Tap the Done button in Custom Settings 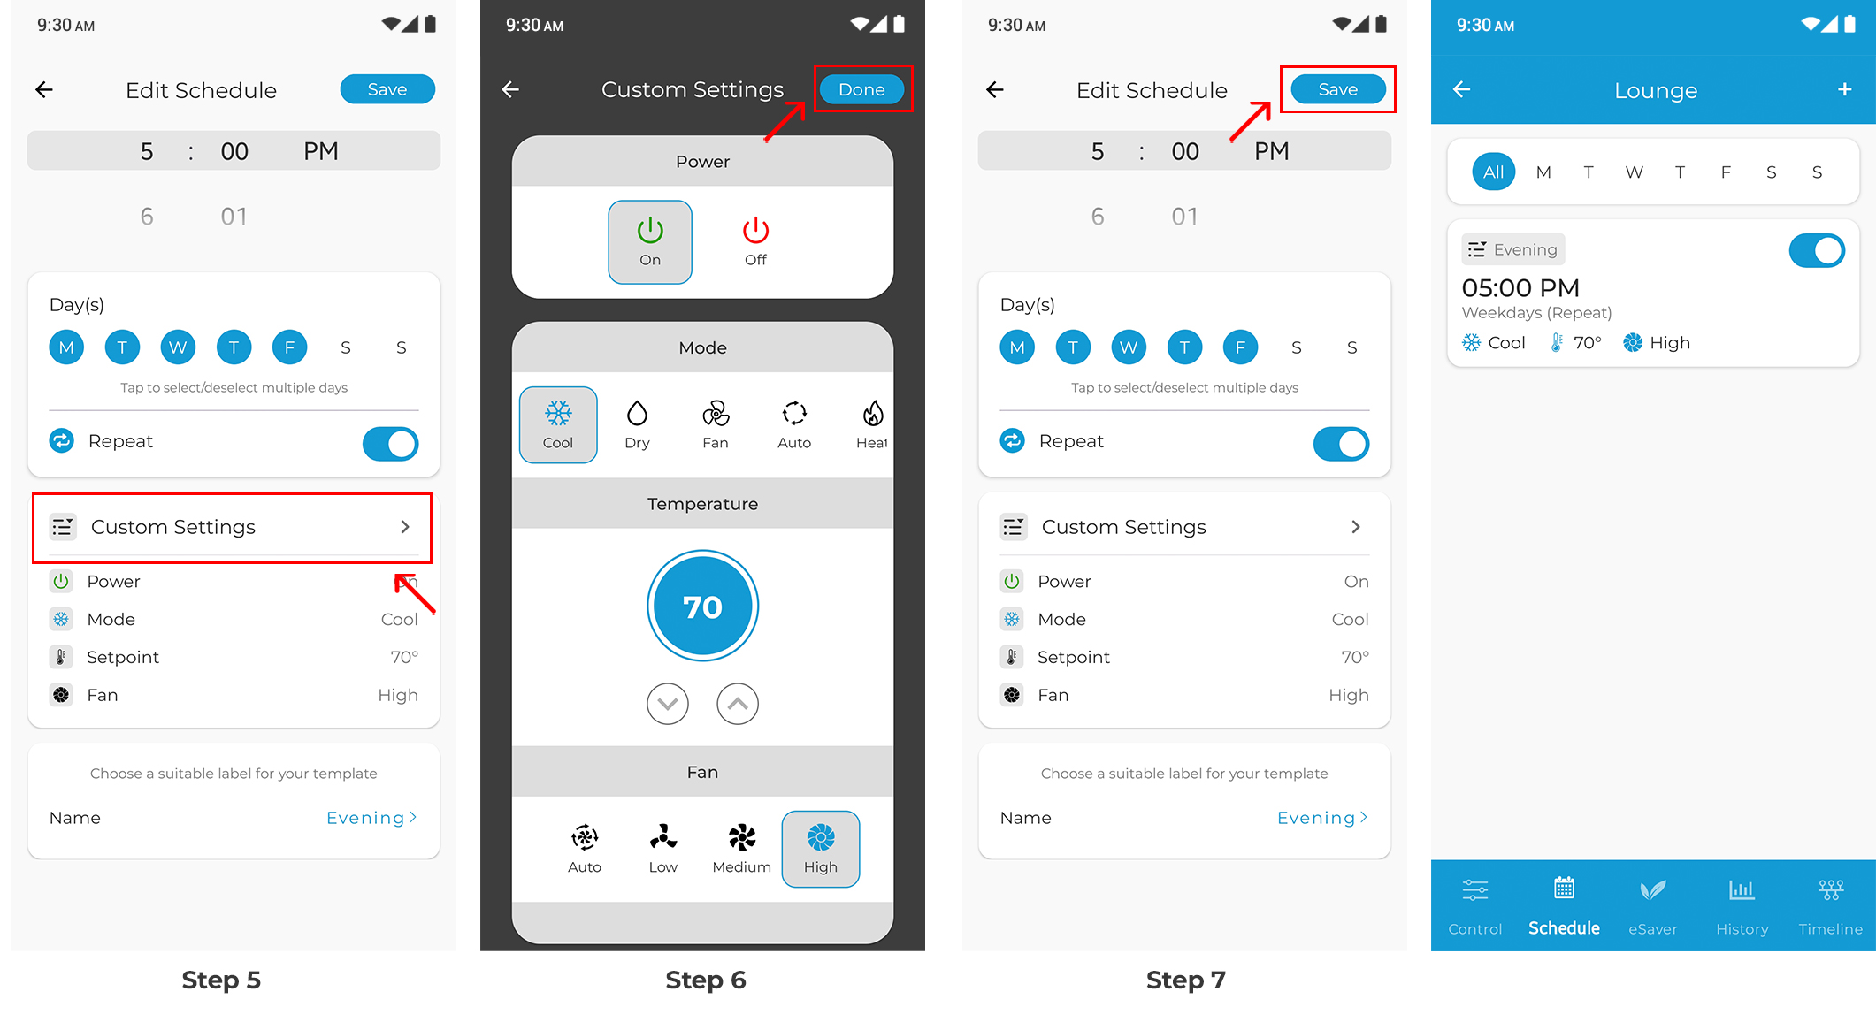coord(861,89)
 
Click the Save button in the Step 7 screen coord(1337,89)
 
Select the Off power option coord(755,241)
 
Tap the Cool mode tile coord(558,424)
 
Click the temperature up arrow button coord(738,704)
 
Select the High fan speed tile coord(821,849)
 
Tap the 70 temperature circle coord(702,607)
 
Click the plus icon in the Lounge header coord(1844,89)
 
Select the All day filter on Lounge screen coord(1493,172)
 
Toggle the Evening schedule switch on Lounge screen coord(1817,250)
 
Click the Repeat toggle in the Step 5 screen coord(390,444)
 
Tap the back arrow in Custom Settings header coord(510,89)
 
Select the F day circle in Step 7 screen coord(1240,347)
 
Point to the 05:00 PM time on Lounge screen coord(1520,287)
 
